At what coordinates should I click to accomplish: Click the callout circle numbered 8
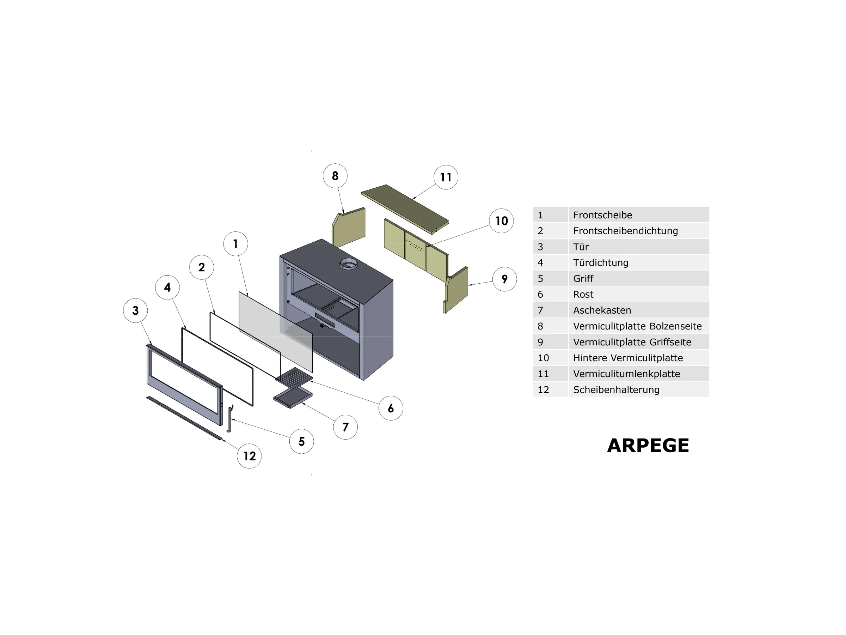coord(335,176)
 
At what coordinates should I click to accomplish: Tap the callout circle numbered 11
coord(446,177)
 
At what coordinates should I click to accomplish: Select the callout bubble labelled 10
coord(501,221)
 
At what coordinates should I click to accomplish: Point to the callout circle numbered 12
coord(249,456)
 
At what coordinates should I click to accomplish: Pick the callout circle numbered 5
coord(302,441)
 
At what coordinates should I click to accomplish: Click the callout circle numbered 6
coord(391,409)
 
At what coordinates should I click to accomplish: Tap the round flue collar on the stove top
coord(348,264)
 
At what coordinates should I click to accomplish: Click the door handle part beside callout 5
coord(230,418)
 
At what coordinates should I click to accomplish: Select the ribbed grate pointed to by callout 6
coord(294,378)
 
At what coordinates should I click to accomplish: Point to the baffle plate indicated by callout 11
coord(405,209)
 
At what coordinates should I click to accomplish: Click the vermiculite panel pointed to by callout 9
coord(455,290)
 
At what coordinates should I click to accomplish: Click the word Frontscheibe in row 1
coord(602,215)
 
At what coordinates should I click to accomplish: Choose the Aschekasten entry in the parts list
coord(602,310)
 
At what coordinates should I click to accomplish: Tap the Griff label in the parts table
coord(583,279)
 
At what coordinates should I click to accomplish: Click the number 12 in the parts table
coord(543,390)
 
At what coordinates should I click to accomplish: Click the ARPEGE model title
coord(648,446)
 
